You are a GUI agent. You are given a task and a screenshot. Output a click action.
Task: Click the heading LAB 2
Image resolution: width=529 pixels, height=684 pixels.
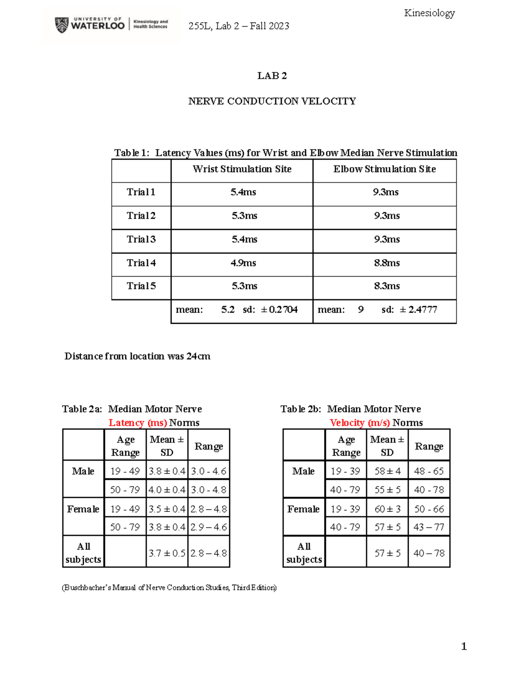click(272, 76)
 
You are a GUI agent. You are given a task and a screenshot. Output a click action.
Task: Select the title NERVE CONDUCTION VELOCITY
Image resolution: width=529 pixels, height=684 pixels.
click(272, 101)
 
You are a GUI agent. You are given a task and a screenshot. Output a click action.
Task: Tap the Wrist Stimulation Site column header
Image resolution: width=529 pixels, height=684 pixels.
click(242, 169)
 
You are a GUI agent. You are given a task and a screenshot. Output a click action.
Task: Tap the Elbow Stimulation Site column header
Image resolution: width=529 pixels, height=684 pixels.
click(384, 169)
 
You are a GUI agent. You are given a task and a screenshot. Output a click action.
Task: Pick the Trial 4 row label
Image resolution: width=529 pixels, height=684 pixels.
click(141, 263)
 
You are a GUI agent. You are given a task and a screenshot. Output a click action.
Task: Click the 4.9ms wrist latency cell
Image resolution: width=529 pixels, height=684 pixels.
click(243, 263)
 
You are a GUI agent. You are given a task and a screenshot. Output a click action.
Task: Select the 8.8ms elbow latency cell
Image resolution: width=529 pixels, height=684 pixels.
click(387, 263)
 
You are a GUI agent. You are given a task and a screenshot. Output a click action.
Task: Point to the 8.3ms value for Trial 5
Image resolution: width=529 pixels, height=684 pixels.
click(387, 286)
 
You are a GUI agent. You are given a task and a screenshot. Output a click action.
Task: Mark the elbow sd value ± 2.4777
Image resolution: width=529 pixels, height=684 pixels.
click(418, 310)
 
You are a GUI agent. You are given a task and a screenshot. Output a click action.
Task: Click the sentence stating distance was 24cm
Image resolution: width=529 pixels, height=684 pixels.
click(137, 356)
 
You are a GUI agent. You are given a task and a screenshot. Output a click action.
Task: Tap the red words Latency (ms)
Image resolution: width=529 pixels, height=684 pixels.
click(138, 423)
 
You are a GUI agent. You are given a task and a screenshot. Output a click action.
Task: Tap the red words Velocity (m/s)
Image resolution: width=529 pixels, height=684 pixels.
click(359, 423)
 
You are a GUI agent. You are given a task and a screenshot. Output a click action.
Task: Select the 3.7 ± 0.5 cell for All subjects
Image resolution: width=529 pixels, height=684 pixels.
click(167, 553)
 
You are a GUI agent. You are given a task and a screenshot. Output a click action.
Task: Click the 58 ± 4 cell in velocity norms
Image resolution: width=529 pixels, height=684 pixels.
click(387, 471)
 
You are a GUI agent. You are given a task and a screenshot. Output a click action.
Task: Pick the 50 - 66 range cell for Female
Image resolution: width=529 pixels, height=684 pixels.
click(429, 509)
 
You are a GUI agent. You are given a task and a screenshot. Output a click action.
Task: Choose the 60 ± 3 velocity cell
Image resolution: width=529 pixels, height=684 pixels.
click(387, 509)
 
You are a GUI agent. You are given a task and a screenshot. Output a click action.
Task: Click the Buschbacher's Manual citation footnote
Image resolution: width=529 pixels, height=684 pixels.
click(169, 588)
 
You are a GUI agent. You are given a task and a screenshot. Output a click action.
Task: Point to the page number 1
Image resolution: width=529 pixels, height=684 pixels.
click(464, 646)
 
